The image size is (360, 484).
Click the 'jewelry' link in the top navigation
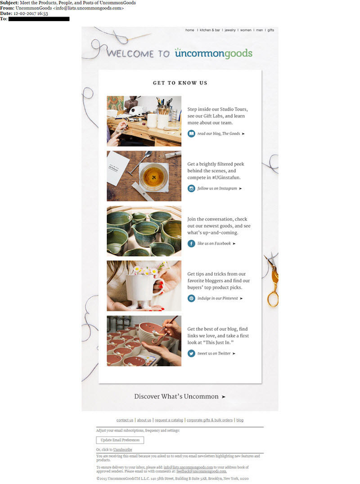point(230,30)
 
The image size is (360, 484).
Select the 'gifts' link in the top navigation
point(271,30)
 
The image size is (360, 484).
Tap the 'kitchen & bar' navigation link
point(210,30)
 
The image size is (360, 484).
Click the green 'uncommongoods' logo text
point(213,53)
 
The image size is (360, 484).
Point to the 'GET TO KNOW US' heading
point(180,83)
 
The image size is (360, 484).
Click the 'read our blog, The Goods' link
point(221,134)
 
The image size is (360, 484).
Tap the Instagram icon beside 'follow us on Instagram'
point(191,188)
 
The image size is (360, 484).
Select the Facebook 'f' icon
point(191,243)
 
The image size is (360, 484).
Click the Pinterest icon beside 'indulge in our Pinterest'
point(191,298)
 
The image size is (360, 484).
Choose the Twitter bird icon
point(191,353)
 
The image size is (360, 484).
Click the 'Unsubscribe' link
point(122,450)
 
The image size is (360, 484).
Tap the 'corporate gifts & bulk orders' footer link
point(209,420)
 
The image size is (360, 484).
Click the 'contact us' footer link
point(124,420)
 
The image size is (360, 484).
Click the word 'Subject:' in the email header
point(9,3)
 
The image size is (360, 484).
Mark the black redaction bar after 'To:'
point(39,19)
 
